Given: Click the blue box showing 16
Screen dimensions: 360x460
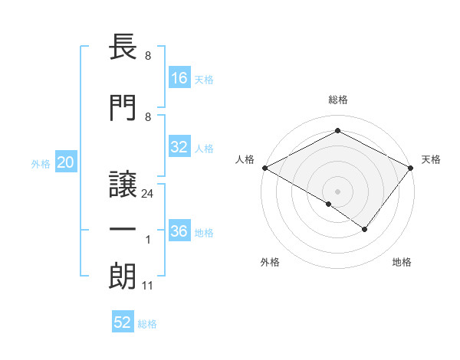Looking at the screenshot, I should tap(180, 78).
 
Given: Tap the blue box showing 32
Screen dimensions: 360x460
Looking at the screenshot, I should tap(180, 147).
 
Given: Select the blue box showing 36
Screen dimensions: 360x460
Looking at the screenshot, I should tap(180, 231).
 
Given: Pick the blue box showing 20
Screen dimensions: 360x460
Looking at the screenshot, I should tap(66, 162).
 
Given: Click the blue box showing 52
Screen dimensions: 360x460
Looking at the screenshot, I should tap(123, 322).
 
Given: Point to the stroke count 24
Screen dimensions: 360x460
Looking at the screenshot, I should tap(148, 195).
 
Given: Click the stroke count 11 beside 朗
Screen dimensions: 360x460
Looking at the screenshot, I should tap(148, 286).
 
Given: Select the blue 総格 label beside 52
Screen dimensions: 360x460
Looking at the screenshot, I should tap(147, 324).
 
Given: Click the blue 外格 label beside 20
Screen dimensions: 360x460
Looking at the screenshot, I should tap(41, 164).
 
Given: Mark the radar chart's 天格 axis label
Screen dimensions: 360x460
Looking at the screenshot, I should tap(431, 159).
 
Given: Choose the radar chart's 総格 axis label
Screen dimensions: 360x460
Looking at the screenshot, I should tap(337, 100).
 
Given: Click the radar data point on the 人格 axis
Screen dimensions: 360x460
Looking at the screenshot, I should tap(264, 167).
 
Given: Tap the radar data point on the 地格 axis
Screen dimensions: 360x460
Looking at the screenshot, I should tap(365, 229).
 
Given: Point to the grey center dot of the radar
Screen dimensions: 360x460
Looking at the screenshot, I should tap(337, 191).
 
